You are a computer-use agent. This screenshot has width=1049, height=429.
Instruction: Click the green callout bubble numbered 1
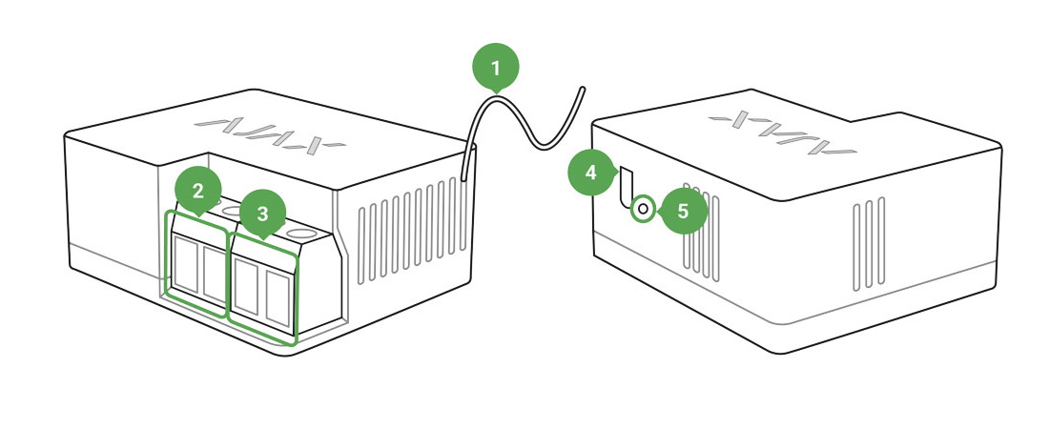point(496,68)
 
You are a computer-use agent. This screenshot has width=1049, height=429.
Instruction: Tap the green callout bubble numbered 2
point(198,192)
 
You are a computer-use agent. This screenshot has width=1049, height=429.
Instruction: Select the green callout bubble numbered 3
point(262,214)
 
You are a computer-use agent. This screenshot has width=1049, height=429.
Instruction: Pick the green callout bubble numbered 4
point(590,174)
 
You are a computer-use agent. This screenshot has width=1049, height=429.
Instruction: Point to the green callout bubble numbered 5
point(683,211)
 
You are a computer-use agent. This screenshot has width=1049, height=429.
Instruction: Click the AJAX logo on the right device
point(782,133)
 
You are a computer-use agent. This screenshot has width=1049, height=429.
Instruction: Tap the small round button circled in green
point(643,209)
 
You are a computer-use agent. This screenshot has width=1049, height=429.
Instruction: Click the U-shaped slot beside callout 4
point(627,187)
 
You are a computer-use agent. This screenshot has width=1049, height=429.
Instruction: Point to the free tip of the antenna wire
point(583,89)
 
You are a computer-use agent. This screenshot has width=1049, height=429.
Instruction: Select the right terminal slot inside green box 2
point(214,274)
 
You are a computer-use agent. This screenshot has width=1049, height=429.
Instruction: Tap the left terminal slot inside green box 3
point(247,286)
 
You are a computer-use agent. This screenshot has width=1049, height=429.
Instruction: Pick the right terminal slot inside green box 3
point(278,297)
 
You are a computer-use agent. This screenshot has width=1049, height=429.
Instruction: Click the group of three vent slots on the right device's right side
point(869,244)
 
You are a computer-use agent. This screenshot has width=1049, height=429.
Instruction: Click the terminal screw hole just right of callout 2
point(232,212)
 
